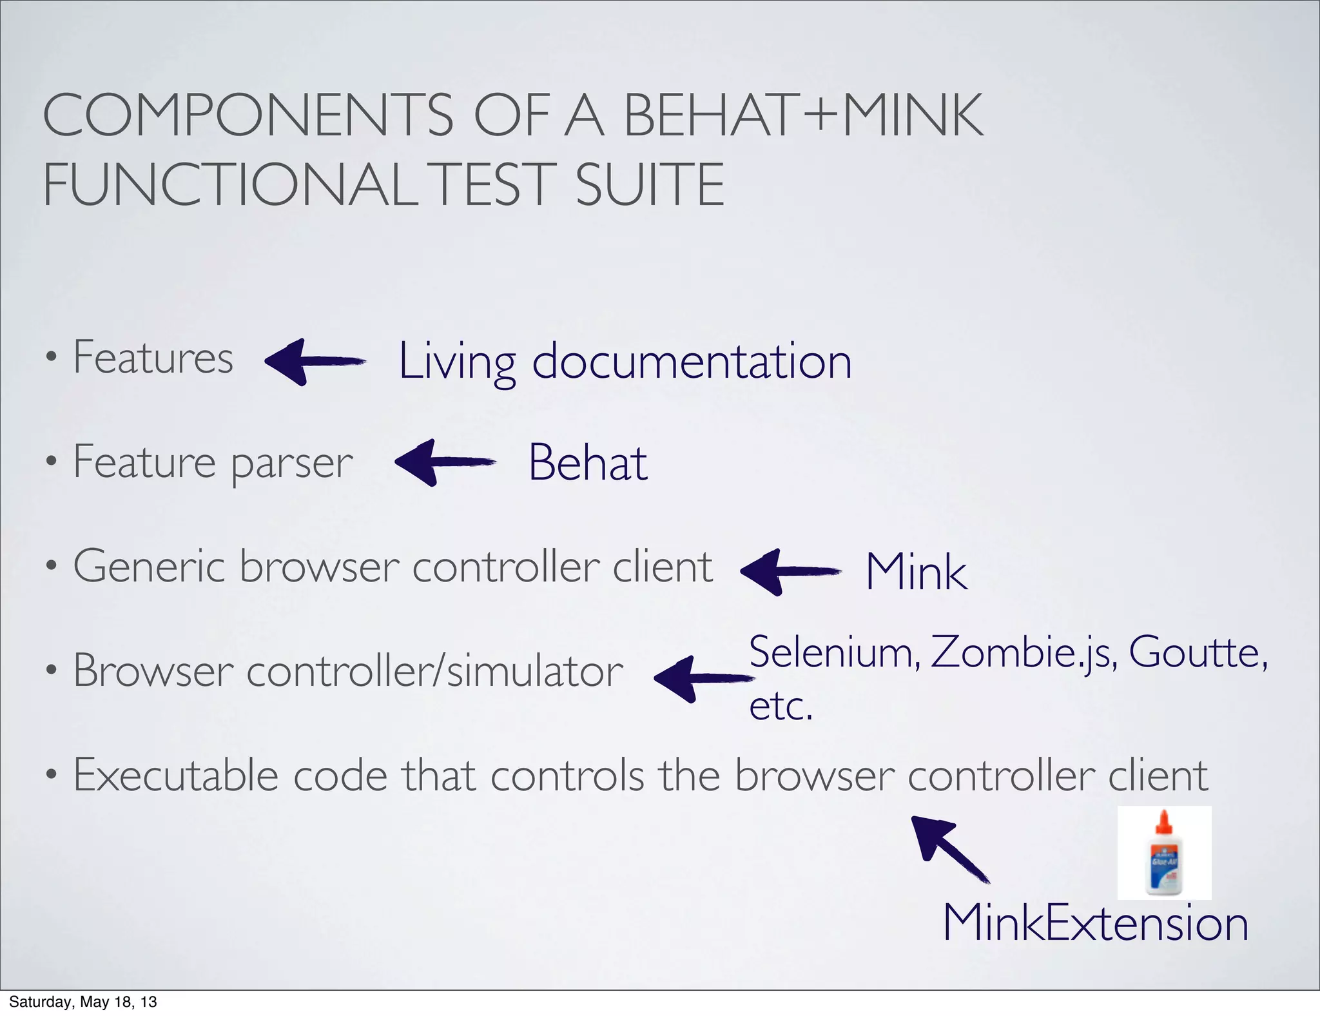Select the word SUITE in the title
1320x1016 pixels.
(650, 184)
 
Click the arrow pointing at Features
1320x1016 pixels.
(315, 362)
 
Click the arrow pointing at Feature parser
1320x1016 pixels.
(444, 462)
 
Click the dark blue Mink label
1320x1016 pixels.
(916, 571)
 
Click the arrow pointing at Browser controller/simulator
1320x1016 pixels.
(703, 678)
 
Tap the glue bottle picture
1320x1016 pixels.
(1164, 852)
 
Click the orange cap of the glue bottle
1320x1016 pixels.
(1163, 822)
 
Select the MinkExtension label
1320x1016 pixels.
(1095, 923)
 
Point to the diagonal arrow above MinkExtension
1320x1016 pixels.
(949, 848)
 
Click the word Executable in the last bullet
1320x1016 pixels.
(175, 775)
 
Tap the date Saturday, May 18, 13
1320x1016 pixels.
(83, 1002)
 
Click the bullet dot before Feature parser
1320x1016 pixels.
(52, 462)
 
